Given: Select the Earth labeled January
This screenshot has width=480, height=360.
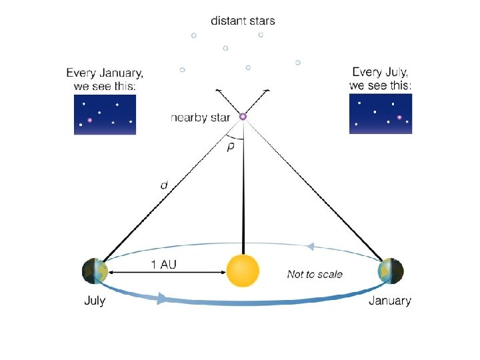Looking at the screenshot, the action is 390,271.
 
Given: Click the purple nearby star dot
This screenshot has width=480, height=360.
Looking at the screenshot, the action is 243,117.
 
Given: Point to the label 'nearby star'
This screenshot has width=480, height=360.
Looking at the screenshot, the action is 200,117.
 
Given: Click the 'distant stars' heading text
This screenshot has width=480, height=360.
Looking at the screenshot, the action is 243,21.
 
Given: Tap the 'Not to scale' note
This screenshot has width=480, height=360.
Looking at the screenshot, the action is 315,273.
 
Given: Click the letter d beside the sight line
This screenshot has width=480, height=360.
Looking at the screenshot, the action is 164,185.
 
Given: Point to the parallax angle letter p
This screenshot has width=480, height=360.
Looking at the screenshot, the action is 231,147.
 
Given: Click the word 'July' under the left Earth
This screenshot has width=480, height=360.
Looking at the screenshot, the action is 94,301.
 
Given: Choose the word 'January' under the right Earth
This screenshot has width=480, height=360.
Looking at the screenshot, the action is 390,301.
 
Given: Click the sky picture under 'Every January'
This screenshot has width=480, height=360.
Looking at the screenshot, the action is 105,114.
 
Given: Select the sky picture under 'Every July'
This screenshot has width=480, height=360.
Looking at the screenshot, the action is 381,113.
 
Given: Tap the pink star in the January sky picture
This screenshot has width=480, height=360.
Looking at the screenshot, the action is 89,121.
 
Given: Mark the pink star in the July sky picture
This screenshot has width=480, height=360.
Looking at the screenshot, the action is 399,117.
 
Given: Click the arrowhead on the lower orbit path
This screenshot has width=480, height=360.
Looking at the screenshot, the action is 161,299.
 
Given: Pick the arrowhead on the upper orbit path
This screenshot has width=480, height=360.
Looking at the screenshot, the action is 309,246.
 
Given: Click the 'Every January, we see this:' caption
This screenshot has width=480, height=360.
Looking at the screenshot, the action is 105,79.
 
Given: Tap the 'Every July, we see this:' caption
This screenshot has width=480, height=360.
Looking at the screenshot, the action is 381,78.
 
